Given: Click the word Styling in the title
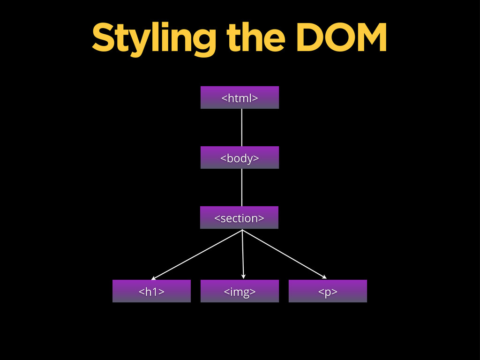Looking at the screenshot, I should pyautogui.click(x=153, y=38).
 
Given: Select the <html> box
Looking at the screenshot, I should pyautogui.click(x=240, y=97).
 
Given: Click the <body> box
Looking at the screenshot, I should pyautogui.click(x=240, y=157).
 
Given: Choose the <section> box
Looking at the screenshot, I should pyautogui.click(x=239, y=217).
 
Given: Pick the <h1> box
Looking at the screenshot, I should pyautogui.click(x=151, y=291).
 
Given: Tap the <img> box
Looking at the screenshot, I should pyautogui.click(x=240, y=291).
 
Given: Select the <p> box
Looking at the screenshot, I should pyautogui.click(x=328, y=291).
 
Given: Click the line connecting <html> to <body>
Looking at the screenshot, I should pyautogui.click(x=242, y=127).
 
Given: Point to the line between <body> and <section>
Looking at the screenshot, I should pyautogui.click(x=242, y=187).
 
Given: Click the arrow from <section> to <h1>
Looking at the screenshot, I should pyautogui.click(x=197, y=255).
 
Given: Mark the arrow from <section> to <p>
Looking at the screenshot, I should pyautogui.click(x=284, y=254).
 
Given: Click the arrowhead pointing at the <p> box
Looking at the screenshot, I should pyautogui.click(x=324, y=277).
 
